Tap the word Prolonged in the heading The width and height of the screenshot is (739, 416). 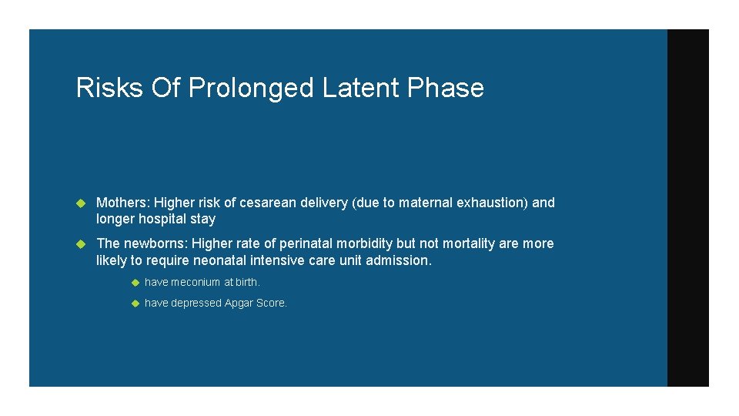pyautogui.click(x=251, y=89)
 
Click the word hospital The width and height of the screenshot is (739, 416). pyautogui.click(x=162, y=219)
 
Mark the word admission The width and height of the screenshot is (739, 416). pyautogui.click(x=400, y=260)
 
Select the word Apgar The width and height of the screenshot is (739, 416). pyautogui.click(x=241, y=303)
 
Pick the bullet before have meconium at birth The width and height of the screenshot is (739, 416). pyautogui.click(x=133, y=283)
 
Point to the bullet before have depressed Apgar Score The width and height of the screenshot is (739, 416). pyautogui.click(x=133, y=304)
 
